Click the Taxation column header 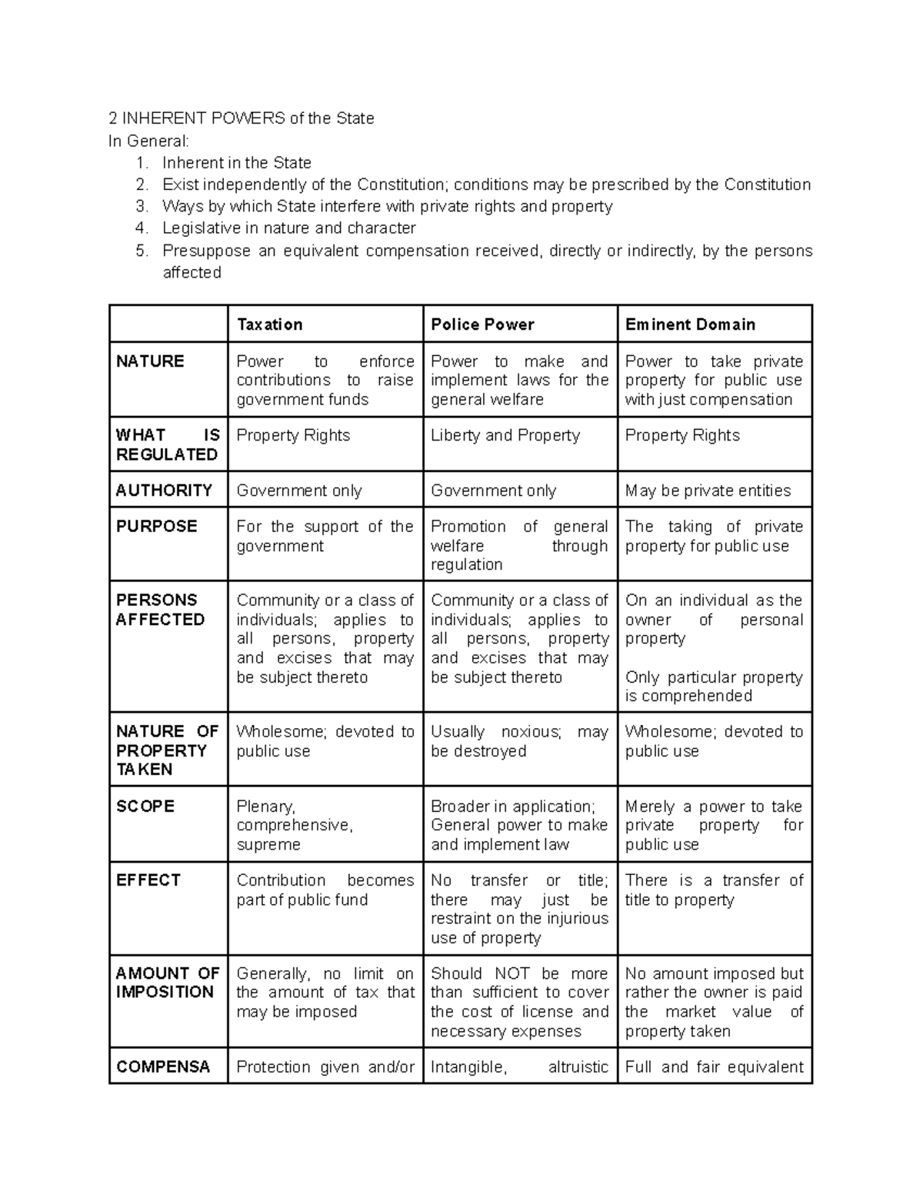tap(269, 324)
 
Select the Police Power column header tap(482, 324)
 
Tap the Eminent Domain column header tap(690, 324)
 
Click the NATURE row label tap(150, 361)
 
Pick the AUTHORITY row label tap(164, 491)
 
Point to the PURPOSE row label tap(156, 527)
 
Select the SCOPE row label tap(145, 807)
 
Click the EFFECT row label tap(148, 880)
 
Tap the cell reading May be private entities tap(708, 491)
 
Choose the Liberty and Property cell tap(505, 435)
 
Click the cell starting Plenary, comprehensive tap(295, 825)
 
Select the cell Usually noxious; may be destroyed tap(519, 741)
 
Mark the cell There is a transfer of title tap(714, 890)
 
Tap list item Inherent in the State tap(237, 163)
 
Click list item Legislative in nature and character tap(288, 228)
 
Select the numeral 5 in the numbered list tap(140, 251)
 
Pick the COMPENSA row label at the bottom tap(163, 1067)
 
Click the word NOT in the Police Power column tap(512, 973)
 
